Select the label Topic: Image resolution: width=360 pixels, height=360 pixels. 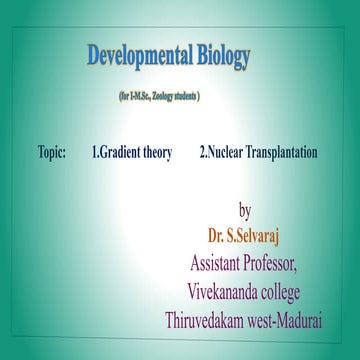48,153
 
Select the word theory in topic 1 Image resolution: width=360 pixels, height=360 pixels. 155,153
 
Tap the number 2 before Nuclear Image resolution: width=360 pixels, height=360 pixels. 202,153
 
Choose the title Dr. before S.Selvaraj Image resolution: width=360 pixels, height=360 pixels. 215,237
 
